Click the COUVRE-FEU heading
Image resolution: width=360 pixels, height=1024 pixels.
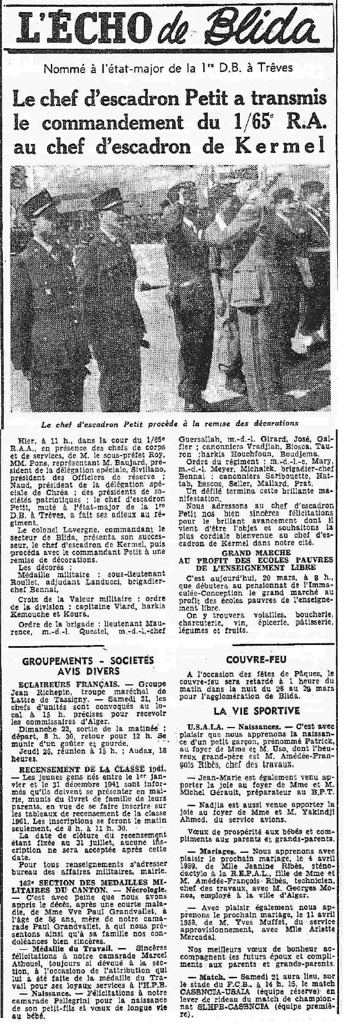click(261, 658)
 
